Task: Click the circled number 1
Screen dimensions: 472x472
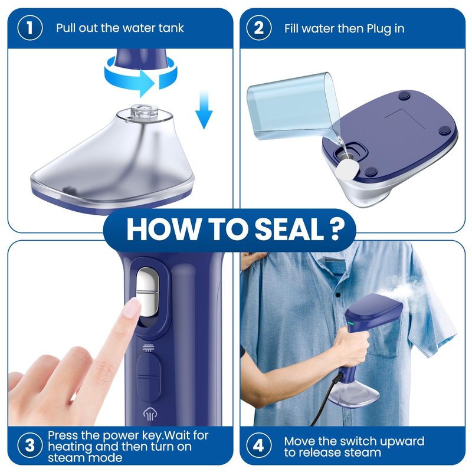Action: coord(30,28)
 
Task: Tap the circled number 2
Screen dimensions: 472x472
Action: coord(259,28)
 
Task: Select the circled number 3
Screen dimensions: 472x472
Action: coord(30,445)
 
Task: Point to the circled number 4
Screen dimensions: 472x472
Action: coord(259,445)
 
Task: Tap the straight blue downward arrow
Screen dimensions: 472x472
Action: coord(204,109)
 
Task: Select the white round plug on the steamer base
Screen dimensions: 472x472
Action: coord(347,169)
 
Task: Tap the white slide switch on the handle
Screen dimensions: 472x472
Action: coord(147,292)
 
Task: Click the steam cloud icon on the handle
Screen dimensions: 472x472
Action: coord(150,414)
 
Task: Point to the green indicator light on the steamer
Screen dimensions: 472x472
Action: coord(350,324)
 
